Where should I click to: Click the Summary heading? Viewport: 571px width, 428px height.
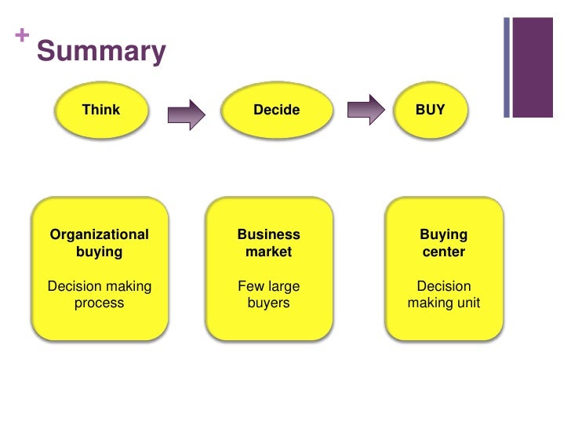point(101,52)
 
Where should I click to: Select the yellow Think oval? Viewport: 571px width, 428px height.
point(101,111)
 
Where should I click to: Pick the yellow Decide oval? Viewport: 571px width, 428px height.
point(276,111)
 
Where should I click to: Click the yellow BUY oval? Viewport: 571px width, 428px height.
point(430,111)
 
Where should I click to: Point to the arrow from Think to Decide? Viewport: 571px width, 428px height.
point(186,114)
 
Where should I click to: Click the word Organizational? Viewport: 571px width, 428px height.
point(99,234)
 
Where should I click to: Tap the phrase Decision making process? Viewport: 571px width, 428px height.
point(99,295)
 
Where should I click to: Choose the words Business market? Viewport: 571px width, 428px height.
point(268,243)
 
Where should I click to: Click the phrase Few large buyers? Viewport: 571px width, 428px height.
point(268,295)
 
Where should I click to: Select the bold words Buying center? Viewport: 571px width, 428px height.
point(443,243)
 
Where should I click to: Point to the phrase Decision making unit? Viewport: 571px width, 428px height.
point(443,295)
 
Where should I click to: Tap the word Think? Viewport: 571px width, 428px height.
point(101,110)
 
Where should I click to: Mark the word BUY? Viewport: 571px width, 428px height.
point(430,110)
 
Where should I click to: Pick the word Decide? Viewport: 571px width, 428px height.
point(276,111)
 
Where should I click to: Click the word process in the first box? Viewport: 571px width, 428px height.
point(99,303)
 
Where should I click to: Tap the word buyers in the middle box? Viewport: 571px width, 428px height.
point(268,303)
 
